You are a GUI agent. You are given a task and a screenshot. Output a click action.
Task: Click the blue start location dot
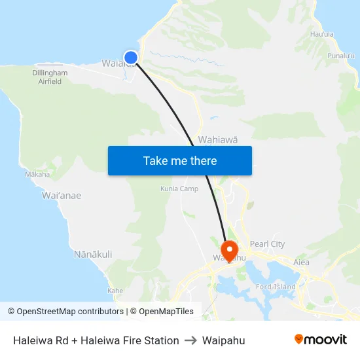pos(131,58)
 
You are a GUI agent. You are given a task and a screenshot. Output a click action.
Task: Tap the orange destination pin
pos(230,250)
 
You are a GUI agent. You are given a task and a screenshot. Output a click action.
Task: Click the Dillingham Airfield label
pos(50,77)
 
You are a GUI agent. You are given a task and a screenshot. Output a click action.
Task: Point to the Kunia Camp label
pos(179,189)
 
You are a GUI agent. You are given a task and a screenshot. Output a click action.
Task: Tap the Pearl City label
pos(267,244)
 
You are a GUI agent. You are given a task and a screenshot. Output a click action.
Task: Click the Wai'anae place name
pos(62,195)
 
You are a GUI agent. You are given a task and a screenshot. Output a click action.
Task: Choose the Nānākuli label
pos(93,254)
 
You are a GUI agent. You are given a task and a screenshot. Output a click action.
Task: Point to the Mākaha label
pos(37,174)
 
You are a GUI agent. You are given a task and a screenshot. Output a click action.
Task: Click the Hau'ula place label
pos(322,34)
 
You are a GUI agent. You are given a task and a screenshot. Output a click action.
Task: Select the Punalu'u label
pos(341,56)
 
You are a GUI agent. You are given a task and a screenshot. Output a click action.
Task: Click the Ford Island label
pos(276,287)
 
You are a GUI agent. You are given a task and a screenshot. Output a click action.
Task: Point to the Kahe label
pos(115,290)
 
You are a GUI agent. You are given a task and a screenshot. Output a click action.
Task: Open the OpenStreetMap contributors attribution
pos(65,312)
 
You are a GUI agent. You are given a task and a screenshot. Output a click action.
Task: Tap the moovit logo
pos(321,340)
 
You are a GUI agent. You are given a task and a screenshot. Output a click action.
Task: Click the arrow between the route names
pos(190,340)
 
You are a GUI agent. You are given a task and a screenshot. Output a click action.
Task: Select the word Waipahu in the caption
pos(223,340)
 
